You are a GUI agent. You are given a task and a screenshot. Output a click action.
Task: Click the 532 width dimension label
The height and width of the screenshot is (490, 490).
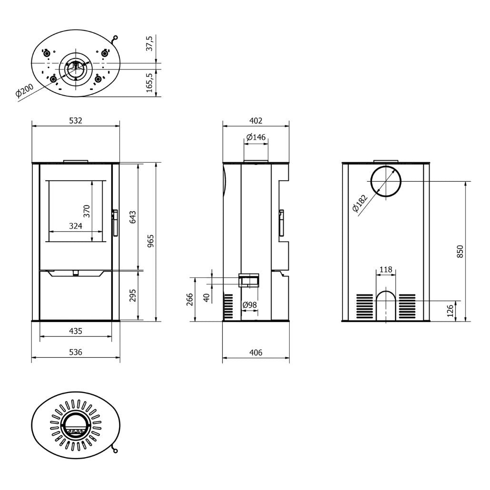(x=76, y=121)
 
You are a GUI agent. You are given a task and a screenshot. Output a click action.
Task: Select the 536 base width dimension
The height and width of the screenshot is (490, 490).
(x=76, y=353)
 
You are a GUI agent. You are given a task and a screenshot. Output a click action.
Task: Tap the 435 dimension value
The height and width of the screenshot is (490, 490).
(x=76, y=331)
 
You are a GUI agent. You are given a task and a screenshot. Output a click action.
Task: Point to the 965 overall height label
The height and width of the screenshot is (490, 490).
(x=151, y=242)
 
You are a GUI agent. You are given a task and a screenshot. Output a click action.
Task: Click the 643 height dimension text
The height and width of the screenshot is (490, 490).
(x=133, y=217)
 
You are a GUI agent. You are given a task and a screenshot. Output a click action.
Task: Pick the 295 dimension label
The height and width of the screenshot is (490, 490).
(x=133, y=295)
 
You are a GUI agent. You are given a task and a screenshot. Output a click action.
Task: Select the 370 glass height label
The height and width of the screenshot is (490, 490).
(x=87, y=211)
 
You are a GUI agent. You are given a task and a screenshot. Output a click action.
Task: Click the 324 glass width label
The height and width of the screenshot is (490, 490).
(x=76, y=226)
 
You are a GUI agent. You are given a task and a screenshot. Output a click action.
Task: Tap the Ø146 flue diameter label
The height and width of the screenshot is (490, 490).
(x=256, y=137)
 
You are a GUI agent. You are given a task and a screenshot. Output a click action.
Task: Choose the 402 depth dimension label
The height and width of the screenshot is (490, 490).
(x=256, y=121)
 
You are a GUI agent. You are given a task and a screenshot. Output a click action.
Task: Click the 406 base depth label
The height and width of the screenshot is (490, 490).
(x=256, y=353)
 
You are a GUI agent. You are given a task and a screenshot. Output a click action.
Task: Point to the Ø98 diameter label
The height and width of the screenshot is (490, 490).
(x=249, y=304)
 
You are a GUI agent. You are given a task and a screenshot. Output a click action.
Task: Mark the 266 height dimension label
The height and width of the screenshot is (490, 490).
(x=190, y=299)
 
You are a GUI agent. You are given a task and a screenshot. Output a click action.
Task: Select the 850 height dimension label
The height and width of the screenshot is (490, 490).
(x=460, y=251)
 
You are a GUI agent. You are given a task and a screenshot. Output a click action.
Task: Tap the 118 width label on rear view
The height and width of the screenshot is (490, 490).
(x=386, y=270)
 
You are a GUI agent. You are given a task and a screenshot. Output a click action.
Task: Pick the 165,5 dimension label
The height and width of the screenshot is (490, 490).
(x=150, y=83)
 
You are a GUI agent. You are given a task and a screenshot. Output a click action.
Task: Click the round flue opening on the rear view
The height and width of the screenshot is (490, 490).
(x=386, y=181)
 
